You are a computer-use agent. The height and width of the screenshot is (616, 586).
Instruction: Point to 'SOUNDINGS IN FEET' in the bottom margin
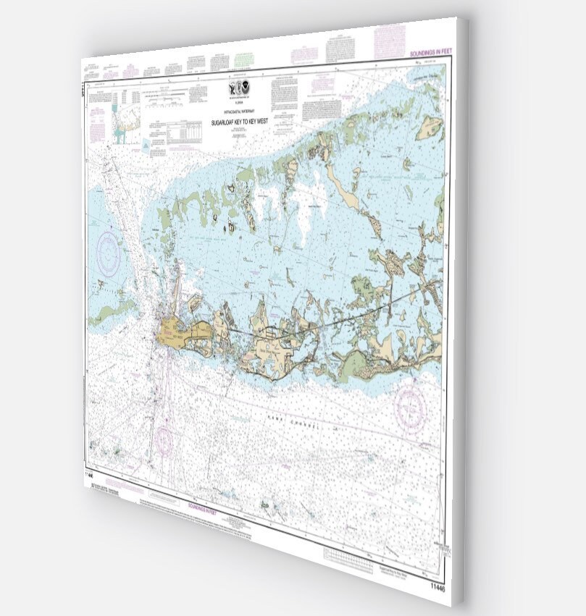tap(205, 506)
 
